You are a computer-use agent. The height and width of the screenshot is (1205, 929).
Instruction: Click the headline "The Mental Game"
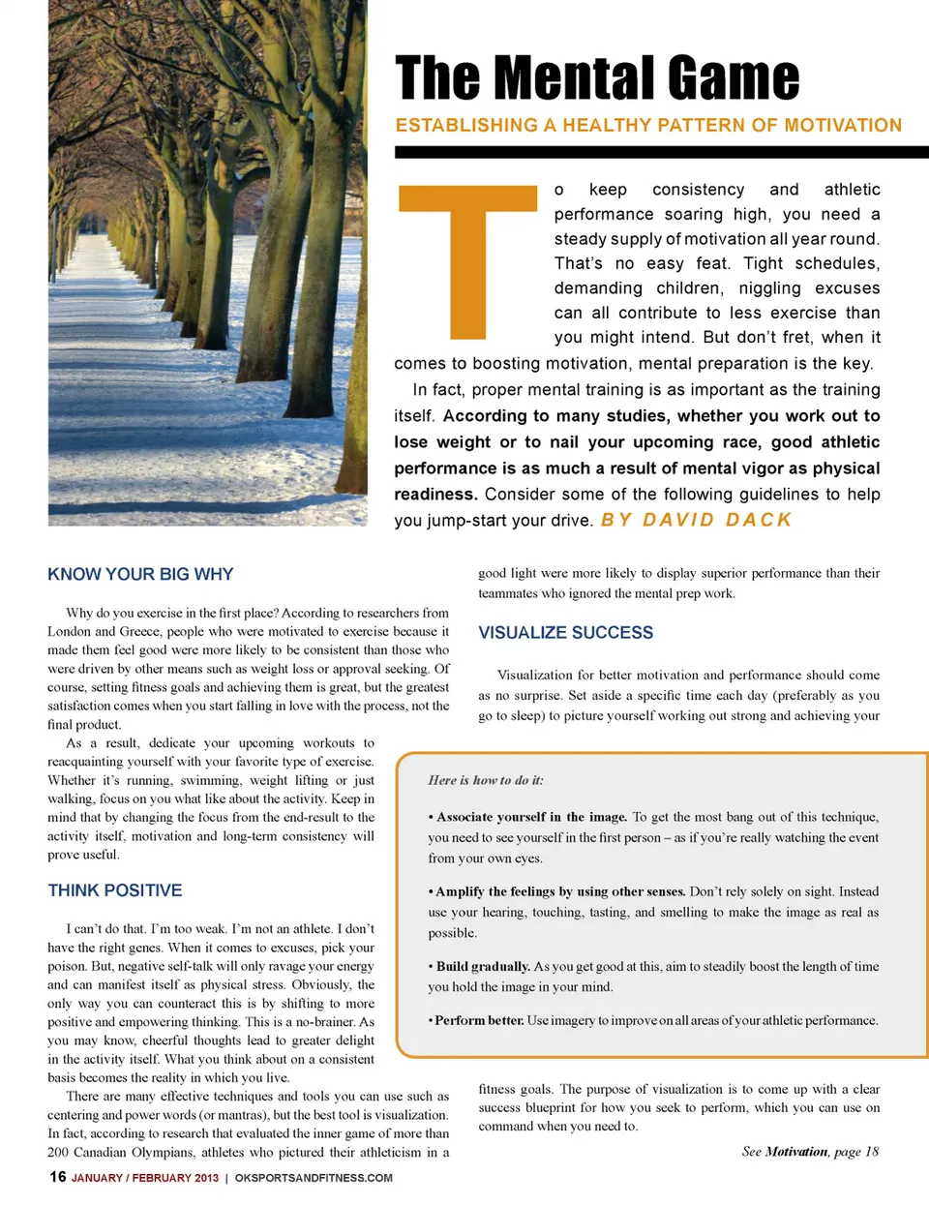[x=597, y=77]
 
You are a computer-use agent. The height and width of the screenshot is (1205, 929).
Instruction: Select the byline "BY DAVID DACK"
[x=696, y=520]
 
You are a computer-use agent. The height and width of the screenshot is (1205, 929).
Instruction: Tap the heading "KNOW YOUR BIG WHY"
[x=140, y=574]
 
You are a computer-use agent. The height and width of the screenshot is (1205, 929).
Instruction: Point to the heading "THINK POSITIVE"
[x=115, y=890]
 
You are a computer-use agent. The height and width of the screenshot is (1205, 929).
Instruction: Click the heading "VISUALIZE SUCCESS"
[x=566, y=633]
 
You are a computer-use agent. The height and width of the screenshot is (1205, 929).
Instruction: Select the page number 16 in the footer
[x=58, y=1177]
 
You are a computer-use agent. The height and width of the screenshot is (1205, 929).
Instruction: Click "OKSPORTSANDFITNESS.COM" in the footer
[x=314, y=1178]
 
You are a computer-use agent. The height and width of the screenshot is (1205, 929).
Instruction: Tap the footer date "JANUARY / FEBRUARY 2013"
[x=145, y=1178]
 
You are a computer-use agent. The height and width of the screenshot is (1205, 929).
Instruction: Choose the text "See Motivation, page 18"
[x=810, y=1152]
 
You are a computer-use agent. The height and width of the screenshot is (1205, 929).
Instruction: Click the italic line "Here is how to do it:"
[x=486, y=780]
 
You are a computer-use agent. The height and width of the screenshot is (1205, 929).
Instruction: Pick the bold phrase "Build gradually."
[x=483, y=966]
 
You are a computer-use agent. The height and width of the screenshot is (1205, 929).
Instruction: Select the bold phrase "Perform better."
[x=479, y=1020]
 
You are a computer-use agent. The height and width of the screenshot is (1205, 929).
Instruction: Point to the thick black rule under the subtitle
[x=661, y=152]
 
